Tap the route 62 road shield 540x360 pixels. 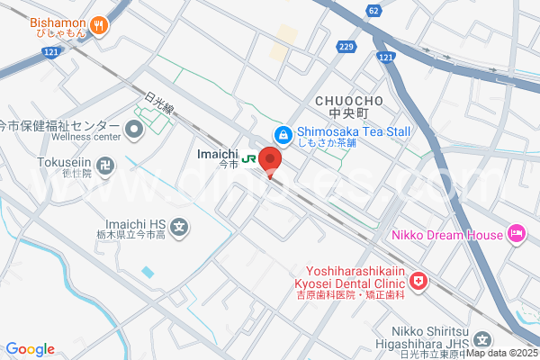373,10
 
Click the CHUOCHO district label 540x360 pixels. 350,100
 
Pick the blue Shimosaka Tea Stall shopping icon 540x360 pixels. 283,133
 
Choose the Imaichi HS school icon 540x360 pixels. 180,228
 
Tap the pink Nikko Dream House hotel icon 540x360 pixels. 517,235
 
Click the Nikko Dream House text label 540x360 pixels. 446,236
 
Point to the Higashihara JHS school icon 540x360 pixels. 483,340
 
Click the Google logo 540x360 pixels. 30,349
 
